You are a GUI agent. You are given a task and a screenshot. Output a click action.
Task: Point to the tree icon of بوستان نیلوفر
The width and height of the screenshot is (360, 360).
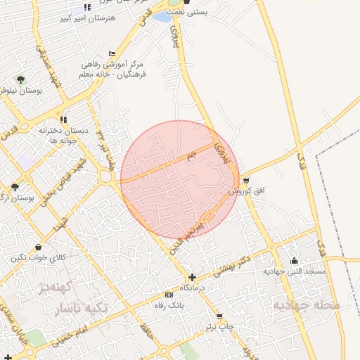click(x=20, y=79)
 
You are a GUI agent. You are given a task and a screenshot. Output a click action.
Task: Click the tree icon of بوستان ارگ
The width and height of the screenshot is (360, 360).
click(x=15, y=187)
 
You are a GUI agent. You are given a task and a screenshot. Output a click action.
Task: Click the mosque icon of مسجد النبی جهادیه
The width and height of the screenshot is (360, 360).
click(x=294, y=260)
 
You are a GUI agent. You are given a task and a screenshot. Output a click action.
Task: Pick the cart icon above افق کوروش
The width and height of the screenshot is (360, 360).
click(x=245, y=181)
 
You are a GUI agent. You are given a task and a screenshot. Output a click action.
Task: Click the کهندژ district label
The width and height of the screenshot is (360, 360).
click(x=51, y=288)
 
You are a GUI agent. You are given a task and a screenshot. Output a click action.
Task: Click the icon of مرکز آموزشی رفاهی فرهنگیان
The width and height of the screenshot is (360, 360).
click(x=112, y=55)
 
